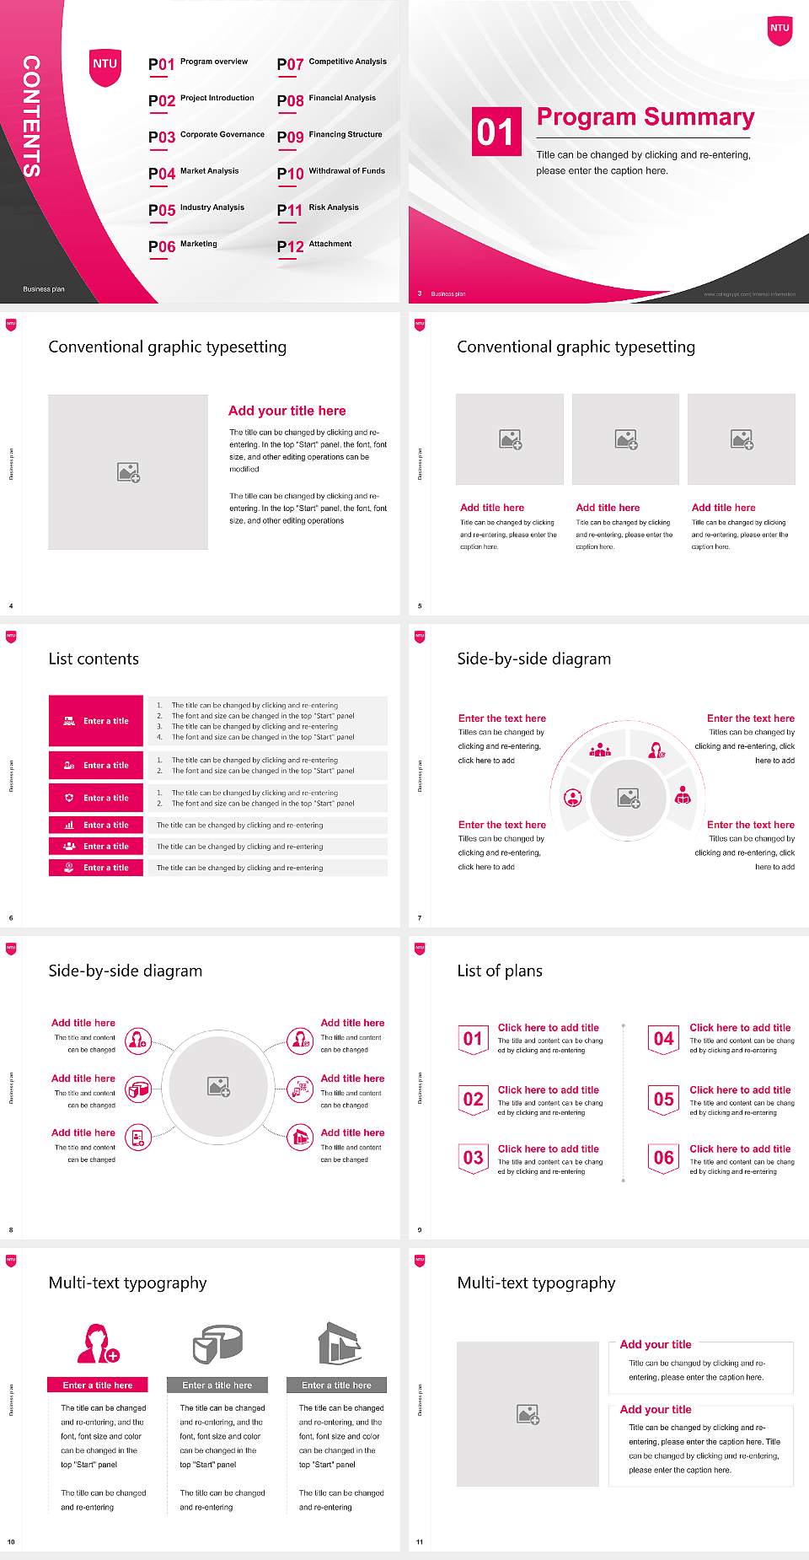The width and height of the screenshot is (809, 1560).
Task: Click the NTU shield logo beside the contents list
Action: (104, 67)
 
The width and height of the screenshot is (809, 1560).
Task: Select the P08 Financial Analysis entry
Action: (327, 100)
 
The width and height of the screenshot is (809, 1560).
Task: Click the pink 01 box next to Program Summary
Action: (496, 132)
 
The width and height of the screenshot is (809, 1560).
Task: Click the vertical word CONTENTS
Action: (31, 116)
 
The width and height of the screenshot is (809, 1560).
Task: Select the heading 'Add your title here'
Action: (287, 411)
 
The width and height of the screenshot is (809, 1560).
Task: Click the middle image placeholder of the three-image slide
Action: (625, 439)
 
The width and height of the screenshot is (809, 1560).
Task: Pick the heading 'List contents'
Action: (94, 659)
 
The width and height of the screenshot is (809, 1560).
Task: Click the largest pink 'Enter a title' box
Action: (96, 721)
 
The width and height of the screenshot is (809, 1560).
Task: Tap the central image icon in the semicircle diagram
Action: (629, 798)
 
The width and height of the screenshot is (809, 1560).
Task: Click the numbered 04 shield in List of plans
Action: (664, 1040)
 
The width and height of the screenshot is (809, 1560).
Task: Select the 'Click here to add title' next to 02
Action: (548, 1089)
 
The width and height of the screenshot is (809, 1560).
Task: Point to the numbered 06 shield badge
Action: (664, 1159)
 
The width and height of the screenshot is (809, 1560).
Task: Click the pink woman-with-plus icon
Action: (98, 1343)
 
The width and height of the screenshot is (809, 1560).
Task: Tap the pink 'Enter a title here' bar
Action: (97, 1385)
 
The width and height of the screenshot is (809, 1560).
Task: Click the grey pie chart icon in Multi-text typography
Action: (217, 1343)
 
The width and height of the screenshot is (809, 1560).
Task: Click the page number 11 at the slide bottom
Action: (420, 1541)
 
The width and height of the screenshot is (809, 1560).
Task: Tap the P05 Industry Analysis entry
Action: (196, 209)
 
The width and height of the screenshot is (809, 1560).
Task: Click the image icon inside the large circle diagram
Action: (219, 1086)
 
